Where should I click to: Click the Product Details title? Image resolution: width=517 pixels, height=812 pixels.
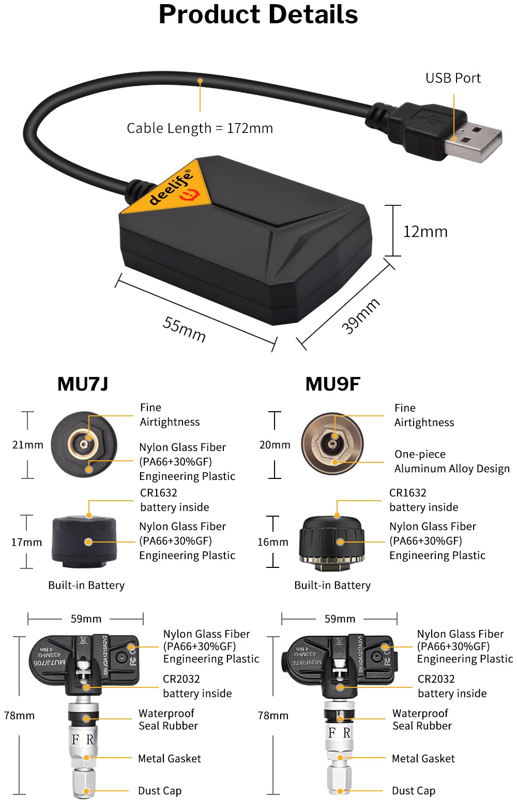258,14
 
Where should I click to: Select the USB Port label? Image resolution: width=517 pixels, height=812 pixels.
453,78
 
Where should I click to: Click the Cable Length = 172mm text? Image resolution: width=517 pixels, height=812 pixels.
200,128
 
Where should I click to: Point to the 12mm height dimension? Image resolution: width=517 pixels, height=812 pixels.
425,232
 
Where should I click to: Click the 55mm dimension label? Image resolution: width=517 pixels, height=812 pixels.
184,329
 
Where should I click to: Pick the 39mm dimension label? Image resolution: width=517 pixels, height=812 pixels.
360,315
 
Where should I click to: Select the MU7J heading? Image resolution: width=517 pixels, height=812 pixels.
83,384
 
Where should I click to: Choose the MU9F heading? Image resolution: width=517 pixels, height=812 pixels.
332,384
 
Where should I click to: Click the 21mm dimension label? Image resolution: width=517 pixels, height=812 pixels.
27,445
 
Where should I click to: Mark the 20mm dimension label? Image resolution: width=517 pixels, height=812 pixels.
275,445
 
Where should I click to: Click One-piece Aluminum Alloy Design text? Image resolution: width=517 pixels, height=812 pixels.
451,461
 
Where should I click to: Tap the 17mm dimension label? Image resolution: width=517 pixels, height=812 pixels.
26,542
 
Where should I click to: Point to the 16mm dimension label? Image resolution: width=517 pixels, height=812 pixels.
272,542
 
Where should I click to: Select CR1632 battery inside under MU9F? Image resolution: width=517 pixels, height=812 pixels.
423,500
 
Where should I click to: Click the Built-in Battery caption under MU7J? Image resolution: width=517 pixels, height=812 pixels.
86,585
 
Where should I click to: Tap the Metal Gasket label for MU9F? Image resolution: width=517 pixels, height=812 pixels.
423,759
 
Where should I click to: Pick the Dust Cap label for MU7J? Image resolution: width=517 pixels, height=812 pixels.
160,791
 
